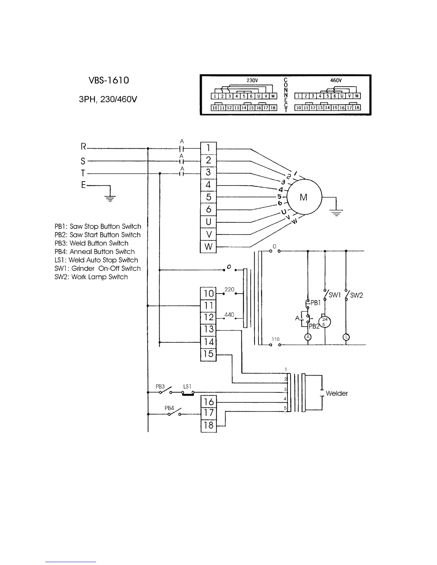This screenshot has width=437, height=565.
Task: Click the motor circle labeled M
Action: [304, 197]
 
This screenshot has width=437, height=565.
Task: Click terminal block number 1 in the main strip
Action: [209, 148]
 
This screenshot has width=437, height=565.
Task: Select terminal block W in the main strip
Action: [209, 247]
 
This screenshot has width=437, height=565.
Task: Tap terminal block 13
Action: [209, 330]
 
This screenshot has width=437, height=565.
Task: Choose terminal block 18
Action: [209, 426]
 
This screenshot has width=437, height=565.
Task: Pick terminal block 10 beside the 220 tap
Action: [209, 294]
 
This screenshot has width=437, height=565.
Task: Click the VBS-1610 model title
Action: [109, 81]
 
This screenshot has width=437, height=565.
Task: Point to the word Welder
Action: [337, 393]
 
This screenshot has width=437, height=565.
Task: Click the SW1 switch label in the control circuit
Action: [335, 295]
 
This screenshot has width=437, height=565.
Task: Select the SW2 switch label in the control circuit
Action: [356, 295]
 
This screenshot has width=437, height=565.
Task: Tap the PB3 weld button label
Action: [160, 387]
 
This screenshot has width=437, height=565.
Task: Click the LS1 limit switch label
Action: [187, 387]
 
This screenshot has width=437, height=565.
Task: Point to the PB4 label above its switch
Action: [169, 408]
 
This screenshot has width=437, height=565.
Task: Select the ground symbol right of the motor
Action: [336, 213]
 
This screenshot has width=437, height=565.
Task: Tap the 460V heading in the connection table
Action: [336, 81]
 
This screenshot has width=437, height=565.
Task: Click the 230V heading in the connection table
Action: [252, 81]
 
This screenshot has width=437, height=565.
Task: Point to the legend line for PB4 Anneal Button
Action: [95, 252]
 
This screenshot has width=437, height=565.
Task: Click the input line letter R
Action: [84, 147]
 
